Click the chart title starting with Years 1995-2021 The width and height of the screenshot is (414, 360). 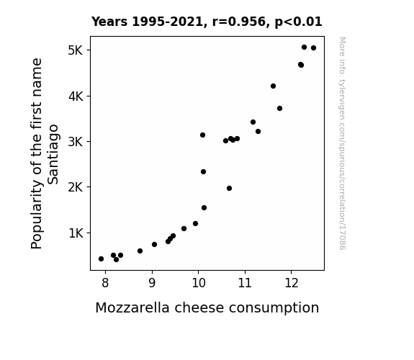tap(207, 22)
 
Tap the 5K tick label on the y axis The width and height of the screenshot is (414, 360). tap(76, 50)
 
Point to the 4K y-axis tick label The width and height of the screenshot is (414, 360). tap(76, 96)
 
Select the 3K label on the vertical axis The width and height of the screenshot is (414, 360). tap(76, 142)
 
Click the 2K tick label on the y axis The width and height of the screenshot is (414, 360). tap(76, 187)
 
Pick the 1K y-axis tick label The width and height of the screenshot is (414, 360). tap(76, 233)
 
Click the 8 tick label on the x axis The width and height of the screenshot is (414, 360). tap(105, 283)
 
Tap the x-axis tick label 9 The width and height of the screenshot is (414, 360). tap(152, 283)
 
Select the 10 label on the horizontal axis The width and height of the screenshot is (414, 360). tap(199, 283)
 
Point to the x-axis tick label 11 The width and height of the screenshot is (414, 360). tap(245, 283)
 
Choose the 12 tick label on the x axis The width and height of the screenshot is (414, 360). tap(292, 283)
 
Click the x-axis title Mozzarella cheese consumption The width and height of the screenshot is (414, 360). tap(207, 307)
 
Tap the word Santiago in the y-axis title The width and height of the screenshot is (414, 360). tap(53, 154)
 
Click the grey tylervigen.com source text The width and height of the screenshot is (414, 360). tap(342, 143)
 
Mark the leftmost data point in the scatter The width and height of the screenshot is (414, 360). tap(101, 259)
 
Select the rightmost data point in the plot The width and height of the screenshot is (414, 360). tap(313, 48)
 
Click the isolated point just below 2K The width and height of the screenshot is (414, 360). tap(229, 189)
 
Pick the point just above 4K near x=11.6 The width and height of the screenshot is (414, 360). tap(274, 86)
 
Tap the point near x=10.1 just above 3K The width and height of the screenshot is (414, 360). tap(202, 135)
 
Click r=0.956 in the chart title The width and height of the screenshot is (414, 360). tap(239, 22)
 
